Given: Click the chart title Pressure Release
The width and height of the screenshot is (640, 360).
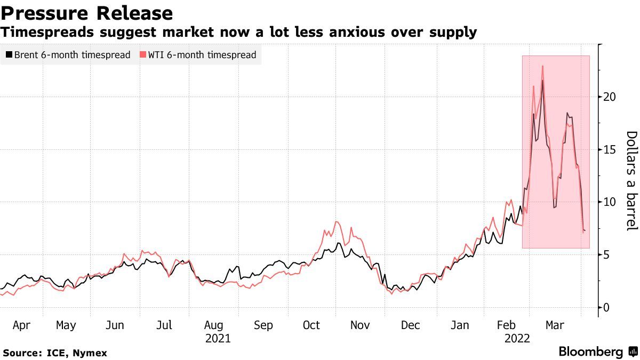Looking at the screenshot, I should pos(86,13).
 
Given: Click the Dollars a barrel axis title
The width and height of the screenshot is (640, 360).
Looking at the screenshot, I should pos(631,181).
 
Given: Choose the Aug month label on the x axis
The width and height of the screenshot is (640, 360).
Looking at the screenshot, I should pos(213,325).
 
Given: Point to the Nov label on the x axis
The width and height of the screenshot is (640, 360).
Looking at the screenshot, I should pos(361,325).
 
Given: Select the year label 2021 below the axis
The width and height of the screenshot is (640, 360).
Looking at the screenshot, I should pos(218,339).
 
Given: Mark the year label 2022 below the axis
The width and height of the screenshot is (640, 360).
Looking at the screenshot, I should pos(517,339).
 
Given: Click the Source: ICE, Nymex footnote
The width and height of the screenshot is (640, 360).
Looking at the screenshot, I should pos(55,353).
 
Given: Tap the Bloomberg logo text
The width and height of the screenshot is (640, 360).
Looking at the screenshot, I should pos(590,352).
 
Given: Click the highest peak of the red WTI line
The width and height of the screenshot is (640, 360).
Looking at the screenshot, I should pos(542,66).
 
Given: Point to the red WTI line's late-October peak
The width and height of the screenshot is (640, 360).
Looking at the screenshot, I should pos(337,221).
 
